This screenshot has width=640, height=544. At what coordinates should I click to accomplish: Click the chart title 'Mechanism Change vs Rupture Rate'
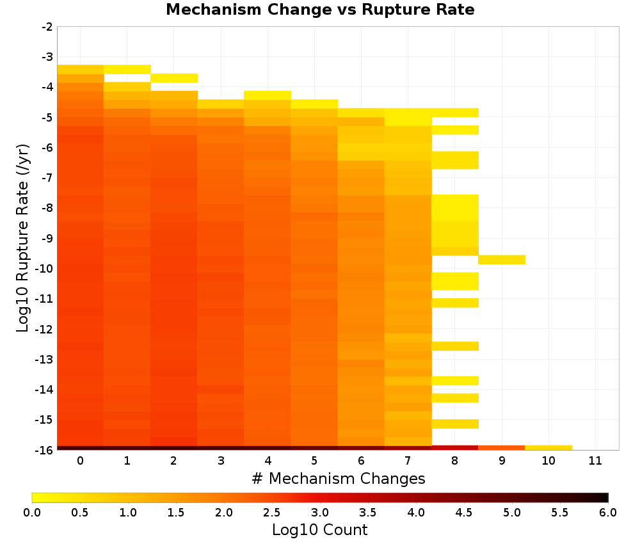320,10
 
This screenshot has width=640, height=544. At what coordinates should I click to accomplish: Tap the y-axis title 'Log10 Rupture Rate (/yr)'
23,238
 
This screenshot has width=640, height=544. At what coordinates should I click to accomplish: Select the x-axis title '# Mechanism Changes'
339,479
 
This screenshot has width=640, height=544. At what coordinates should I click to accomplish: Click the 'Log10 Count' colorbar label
319,530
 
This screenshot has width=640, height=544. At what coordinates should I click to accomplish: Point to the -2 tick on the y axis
47,27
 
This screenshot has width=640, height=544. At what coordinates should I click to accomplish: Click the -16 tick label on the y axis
45,450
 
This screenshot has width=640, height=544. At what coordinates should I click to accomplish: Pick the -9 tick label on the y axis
47,238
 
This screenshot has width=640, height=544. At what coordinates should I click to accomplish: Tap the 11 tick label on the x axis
595,461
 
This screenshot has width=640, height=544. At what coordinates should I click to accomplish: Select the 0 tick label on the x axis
81,461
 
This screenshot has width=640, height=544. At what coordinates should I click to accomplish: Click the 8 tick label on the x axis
454,461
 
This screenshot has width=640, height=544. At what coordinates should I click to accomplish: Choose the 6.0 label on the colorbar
608,513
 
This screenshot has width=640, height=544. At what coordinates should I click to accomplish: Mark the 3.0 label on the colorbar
320,513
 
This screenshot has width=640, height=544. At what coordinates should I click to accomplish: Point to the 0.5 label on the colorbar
79,513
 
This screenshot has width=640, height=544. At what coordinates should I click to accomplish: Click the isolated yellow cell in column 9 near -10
502,260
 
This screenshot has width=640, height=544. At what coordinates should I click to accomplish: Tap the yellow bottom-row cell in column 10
548,448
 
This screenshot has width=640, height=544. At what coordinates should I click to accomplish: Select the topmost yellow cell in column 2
174,78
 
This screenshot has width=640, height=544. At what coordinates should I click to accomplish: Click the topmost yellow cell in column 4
268,95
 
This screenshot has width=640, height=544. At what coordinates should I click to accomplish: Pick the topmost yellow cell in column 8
455,113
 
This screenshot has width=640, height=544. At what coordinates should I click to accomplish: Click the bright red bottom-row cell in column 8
455,448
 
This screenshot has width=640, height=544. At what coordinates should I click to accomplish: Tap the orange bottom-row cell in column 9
502,448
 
